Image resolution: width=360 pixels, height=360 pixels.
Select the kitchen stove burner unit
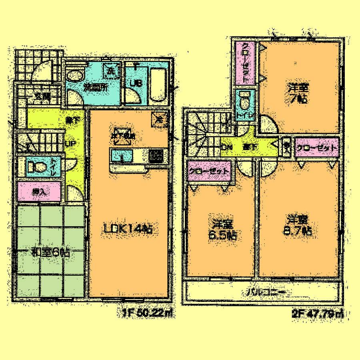click(x=156, y=155)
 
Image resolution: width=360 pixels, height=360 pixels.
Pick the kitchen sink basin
click(x=118, y=155)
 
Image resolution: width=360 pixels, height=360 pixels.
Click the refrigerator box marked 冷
click(x=159, y=119)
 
